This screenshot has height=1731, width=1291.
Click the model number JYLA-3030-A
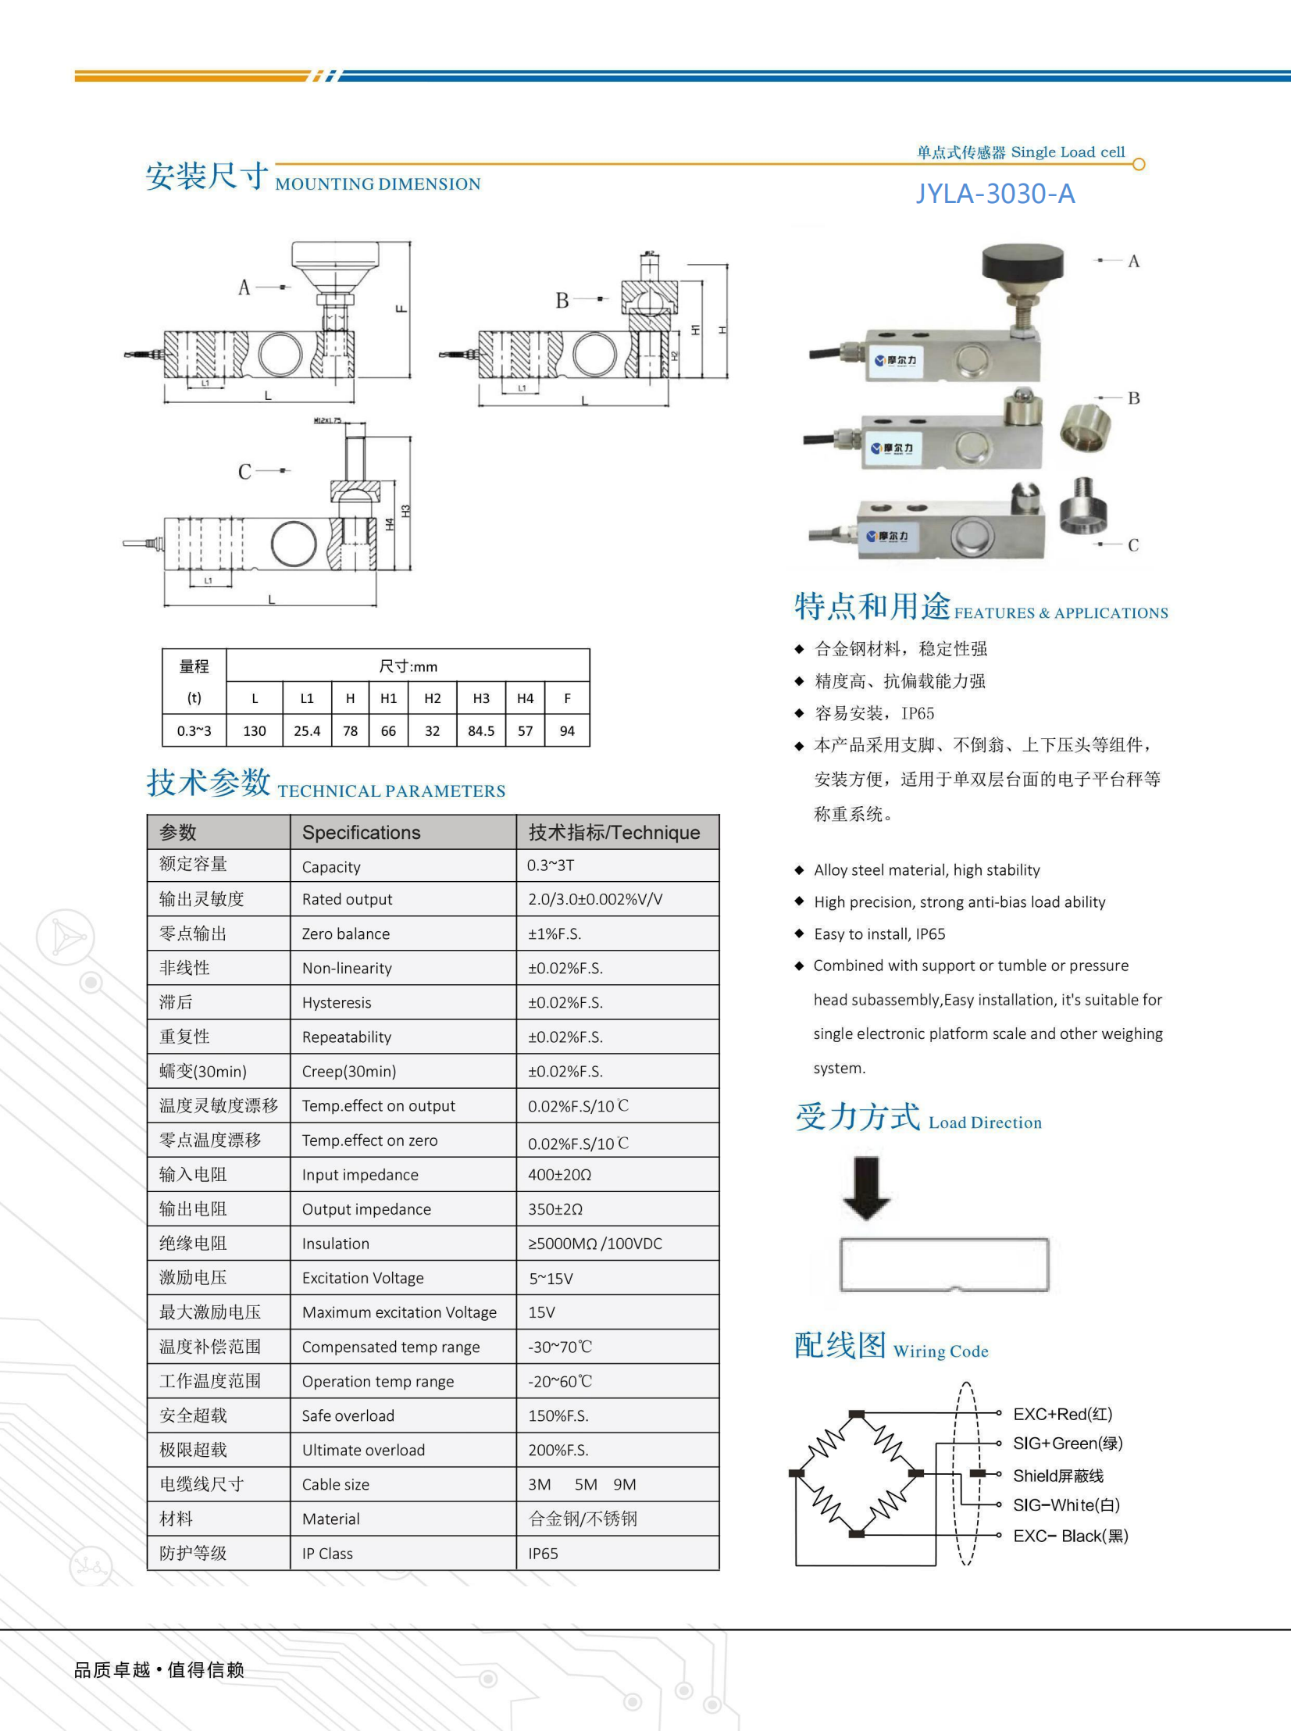click(995, 194)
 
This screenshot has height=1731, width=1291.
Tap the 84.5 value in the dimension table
click(480, 730)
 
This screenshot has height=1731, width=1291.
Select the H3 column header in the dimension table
click(480, 698)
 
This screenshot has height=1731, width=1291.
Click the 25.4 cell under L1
click(306, 730)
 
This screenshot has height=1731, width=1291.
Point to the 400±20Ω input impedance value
click(559, 1175)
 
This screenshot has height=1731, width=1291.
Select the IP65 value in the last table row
click(542, 1554)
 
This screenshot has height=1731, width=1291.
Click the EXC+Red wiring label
click(1062, 1414)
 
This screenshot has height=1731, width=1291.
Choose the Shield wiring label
click(1058, 1476)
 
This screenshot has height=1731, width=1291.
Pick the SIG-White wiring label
click(1066, 1505)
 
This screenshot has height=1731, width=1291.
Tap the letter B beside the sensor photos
click(1133, 398)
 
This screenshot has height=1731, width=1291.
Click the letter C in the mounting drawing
click(244, 472)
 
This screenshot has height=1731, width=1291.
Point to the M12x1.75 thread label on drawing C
click(327, 420)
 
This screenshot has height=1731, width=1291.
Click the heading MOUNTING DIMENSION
click(377, 184)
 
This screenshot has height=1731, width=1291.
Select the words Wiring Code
click(940, 1351)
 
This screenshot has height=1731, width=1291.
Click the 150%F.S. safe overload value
click(558, 1415)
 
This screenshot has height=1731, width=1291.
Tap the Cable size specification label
click(335, 1484)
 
